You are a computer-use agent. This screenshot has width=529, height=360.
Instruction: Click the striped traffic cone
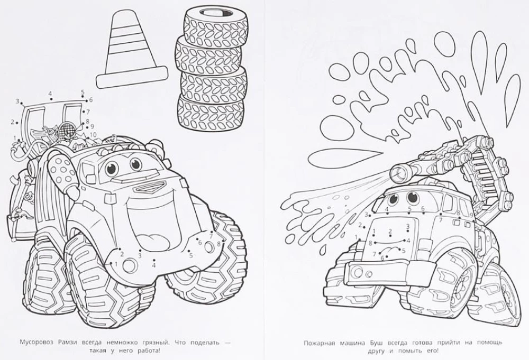click(132, 51)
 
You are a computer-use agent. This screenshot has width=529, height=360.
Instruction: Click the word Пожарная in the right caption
click(319, 343)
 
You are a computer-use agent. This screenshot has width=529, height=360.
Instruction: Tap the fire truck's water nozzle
click(398, 172)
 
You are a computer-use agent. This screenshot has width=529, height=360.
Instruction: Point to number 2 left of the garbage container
click(12, 122)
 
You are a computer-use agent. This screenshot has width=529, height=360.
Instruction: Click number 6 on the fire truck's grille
click(382, 258)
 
